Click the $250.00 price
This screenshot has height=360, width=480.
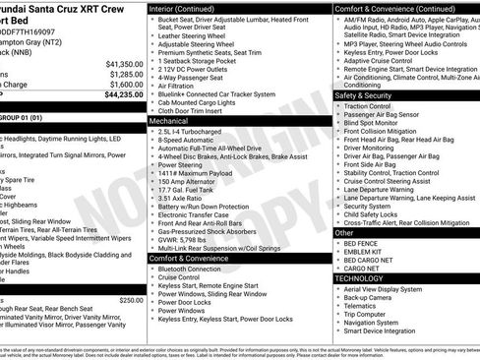coord(130,301)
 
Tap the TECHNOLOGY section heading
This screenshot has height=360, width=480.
coord(360,278)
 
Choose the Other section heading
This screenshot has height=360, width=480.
coord(343,232)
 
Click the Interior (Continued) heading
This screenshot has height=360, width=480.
coord(181,7)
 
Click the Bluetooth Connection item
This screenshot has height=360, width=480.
coord(190,269)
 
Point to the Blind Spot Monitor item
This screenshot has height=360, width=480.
coord(372,123)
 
